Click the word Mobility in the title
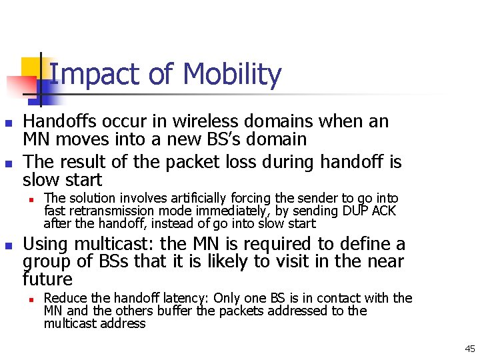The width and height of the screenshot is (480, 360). [231, 75]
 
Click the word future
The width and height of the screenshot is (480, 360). [47, 279]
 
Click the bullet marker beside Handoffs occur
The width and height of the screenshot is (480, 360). [7, 123]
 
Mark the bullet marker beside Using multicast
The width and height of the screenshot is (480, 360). [7, 246]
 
